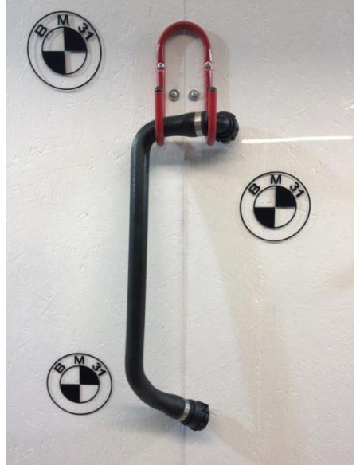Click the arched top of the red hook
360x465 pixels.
pyautogui.click(x=186, y=29)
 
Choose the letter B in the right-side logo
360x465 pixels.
pyautogui.click(x=253, y=189)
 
